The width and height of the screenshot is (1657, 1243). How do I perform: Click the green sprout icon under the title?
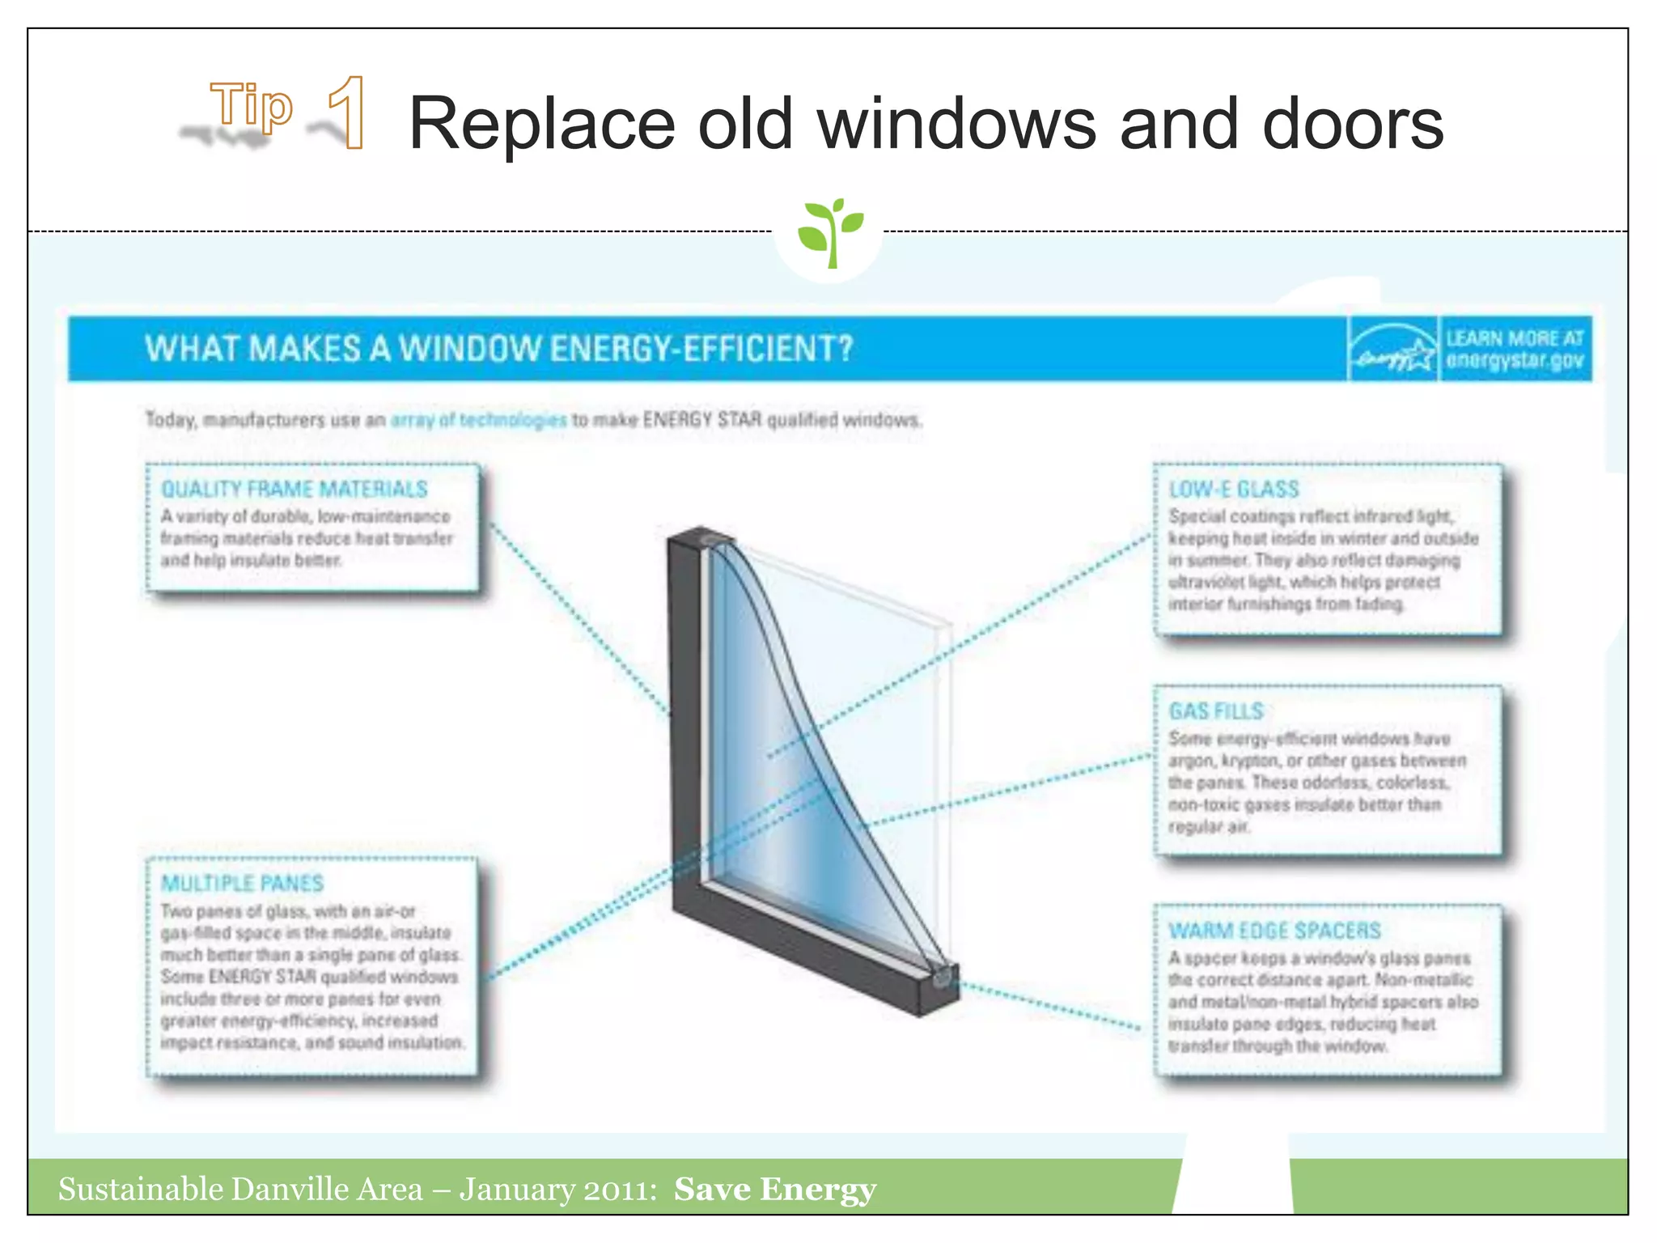pos(829,232)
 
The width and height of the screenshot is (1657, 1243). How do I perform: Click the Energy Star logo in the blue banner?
pos(1392,350)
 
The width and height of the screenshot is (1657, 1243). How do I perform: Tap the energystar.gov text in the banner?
pos(1515,361)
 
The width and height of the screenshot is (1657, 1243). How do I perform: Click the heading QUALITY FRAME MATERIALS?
pos(295,489)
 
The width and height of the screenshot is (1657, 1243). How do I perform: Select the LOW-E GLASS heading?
pos(1234,489)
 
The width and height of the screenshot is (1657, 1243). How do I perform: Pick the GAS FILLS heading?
pos(1216,711)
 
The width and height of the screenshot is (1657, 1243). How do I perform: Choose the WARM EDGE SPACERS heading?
pos(1274,931)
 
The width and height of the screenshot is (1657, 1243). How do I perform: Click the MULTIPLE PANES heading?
pos(242,883)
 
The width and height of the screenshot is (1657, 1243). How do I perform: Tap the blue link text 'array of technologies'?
pos(478,420)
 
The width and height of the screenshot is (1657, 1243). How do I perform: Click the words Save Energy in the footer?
pos(774,1189)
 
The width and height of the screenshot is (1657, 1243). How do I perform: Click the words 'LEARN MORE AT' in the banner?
pos(1515,338)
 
